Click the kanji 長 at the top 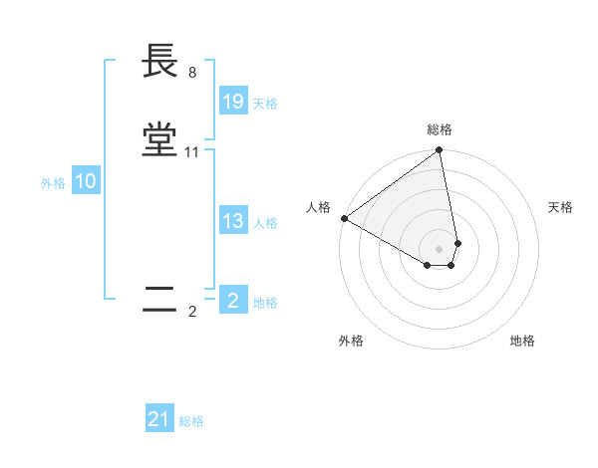(x=160, y=62)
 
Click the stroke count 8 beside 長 (x=191, y=72)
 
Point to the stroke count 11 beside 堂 (x=192, y=152)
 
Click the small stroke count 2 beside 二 (x=192, y=311)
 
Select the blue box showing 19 (x=232, y=102)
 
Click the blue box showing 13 (x=232, y=221)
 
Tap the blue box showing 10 (x=85, y=181)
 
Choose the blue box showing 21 (x=159, y=420)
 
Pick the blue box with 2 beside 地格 (x=232, y=300)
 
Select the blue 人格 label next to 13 (x=265, y=223)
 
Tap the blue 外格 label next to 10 (x=53, y=183)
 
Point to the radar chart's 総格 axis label (x=440, y=129)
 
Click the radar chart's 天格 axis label (x=560, y=207)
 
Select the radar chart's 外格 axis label (x=351, y=341)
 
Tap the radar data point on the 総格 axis (x=440, y=151)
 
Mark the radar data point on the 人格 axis (x=344, y=218)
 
